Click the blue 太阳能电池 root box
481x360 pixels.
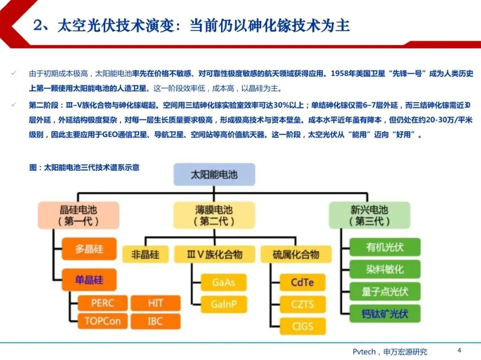(x=214, y=174)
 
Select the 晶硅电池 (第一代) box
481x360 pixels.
(x=78, y=215)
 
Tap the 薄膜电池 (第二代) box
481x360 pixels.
(x=214, y=215)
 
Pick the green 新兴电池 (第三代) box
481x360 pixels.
(x=369, y=215)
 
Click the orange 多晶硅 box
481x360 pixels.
(x=89, y=249)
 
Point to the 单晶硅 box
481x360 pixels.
(x=89, y=280)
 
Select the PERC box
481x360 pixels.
(x=102, y=303)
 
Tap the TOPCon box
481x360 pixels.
(x=102, y=321)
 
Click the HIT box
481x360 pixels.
(x=155, y=303)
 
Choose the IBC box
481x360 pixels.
(x=155, y=321)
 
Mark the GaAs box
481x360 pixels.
(x=223, y=282)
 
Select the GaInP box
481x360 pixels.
(x=223, y=304)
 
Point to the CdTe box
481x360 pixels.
(x=302, y=282)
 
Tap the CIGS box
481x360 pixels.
(x=302, y=326)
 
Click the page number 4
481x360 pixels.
(x=459, y=350)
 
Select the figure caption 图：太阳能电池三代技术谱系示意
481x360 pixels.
(x=84, y=168)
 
